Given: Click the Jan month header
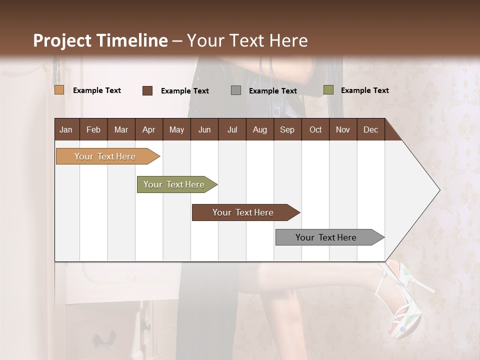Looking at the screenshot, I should point(66,129).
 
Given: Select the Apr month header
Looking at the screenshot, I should point(148,129).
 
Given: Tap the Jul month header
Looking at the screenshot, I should point(232,129).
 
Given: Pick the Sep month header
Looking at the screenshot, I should point(287,129).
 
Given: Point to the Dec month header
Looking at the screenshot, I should point(370,129).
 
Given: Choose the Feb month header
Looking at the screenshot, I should point(93,129).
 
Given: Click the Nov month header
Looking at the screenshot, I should point(342,129).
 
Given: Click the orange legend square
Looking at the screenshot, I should point(59,90).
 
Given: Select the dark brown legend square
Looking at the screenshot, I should point(147,90).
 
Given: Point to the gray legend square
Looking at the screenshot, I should point(236,90).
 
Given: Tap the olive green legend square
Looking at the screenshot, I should point(328,90).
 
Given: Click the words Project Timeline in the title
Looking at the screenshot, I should point(100,40).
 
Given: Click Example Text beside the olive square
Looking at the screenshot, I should point(364,90).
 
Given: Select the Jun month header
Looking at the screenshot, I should point(204,129).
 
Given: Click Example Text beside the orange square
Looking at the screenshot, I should point(96,90).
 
